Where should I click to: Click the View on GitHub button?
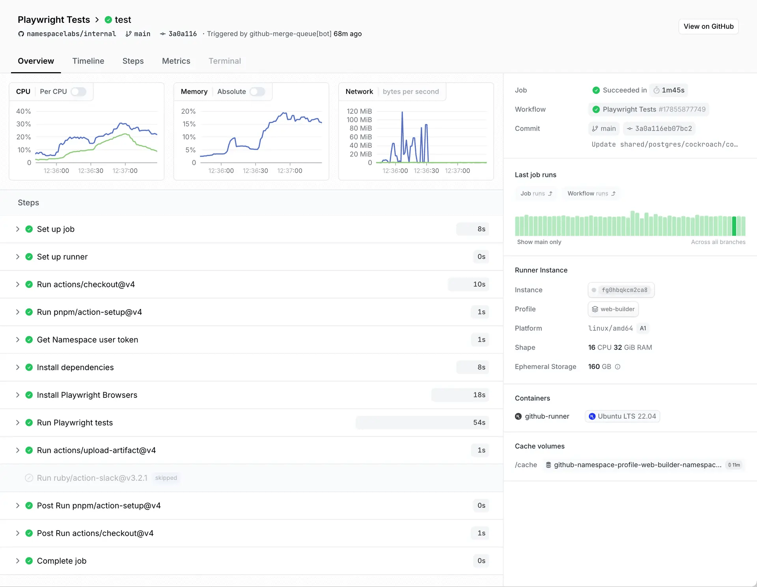click(x=708, y=26)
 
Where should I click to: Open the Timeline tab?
click(x=88, y=61)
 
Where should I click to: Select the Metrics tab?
click(x=176, y=61)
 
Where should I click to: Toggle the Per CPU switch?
click(x=78, y=91)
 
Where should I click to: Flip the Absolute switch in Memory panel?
click(x=257, y=91)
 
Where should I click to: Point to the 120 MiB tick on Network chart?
click(x=359, y=111)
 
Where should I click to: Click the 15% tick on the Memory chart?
click(x=189, y=124)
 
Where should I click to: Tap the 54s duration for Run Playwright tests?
click(x=479, y=423)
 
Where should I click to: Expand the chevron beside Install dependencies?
click(x=18, y=367)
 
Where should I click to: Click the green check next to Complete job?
click(x=29, y=561)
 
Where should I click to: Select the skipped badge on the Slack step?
click(x=166, y=478)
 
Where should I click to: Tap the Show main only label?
click(x=539, y=242)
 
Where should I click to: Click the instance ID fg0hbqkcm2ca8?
click(x=624, y=290)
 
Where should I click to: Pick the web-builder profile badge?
click(x=613, y=309)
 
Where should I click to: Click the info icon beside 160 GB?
click(x=618, y=367)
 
